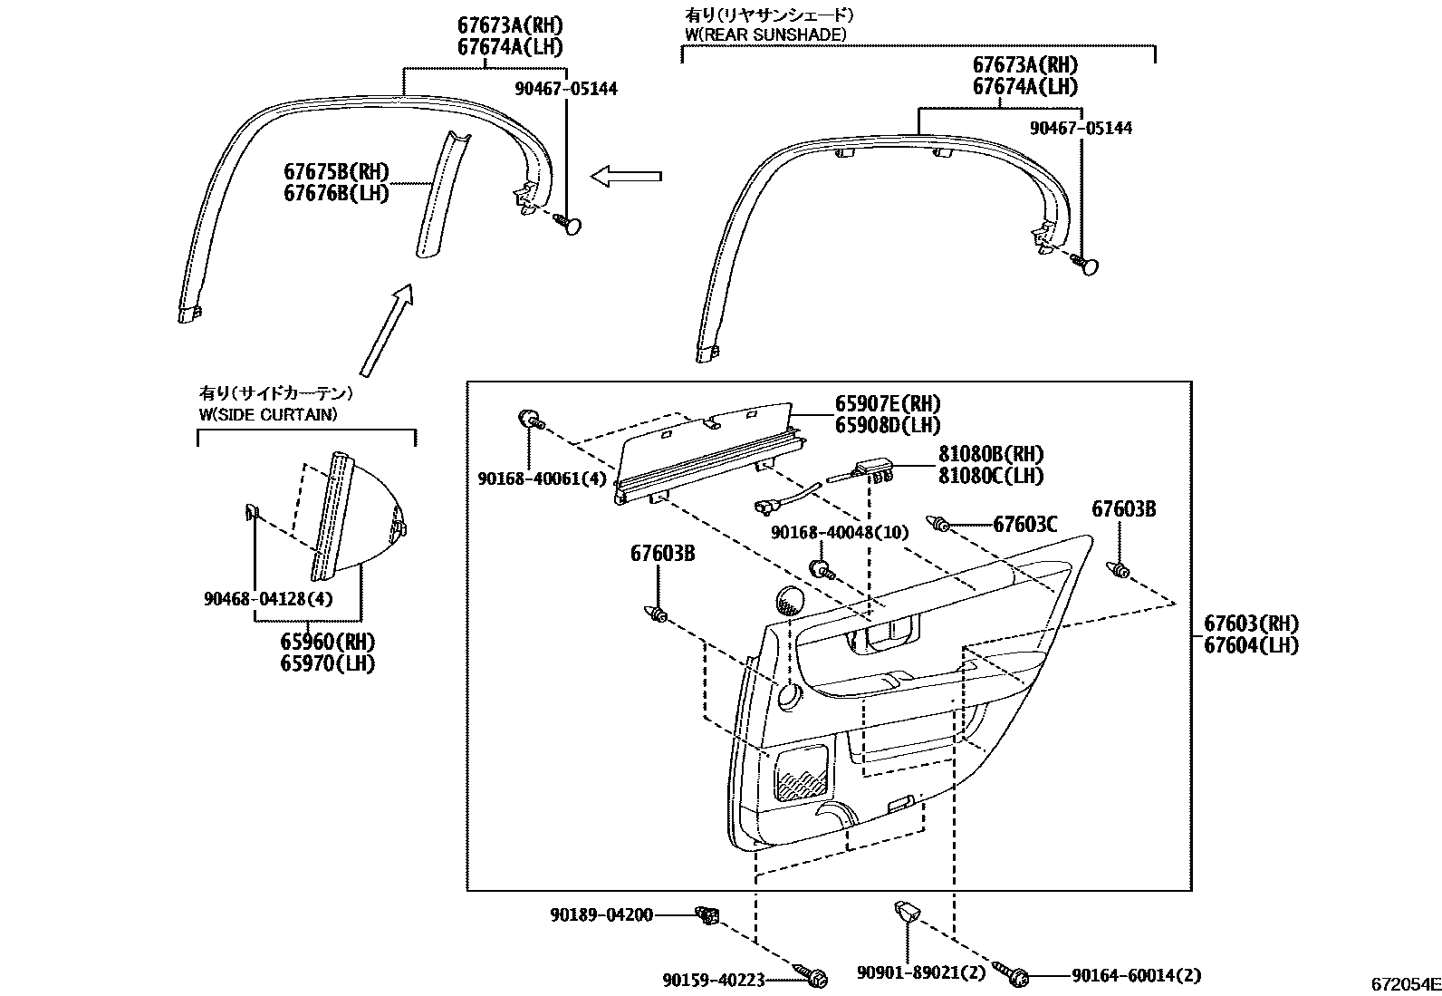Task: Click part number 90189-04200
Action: pyautogui.click(x=601, y=915)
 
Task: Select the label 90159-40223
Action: pyautogui.click(x=714, y=979)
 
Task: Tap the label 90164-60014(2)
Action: pyautogui.click(x=1136, y=975)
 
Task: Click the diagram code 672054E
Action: pyautogui.click(x=1404, y=984)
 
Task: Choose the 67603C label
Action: pyautogui.click(x=1025, y=524)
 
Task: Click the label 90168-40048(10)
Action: pyautogui.click(x=839, y=533)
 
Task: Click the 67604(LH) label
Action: pyautogui.click(x=1251, y=645)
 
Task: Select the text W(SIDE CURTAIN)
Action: pyautogui.click(x=268, y=414)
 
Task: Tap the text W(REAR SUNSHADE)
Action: pyautogui.click(x=765, y=34)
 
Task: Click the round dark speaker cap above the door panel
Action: pyautogui.click(x=792, y=600)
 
